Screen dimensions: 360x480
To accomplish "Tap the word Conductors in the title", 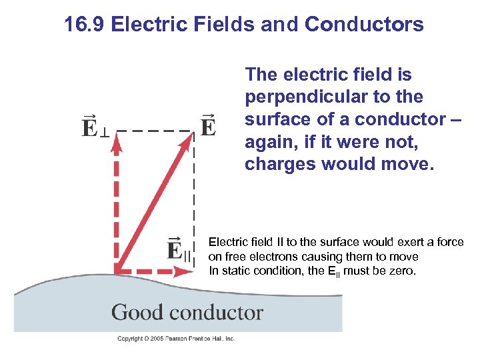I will point(364,25).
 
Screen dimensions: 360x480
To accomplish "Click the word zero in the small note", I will point(402,271).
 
